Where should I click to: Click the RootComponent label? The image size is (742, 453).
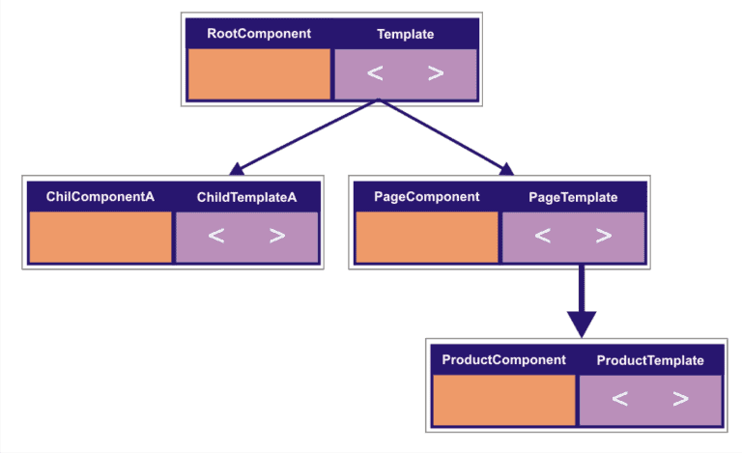[x=259, y=34]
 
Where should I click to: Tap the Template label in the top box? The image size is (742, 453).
[x=405, y=34]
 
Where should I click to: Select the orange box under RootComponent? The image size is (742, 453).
[x=259, y=74]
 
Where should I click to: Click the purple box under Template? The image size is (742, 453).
[x=405, y=74]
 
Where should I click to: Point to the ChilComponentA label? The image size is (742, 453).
[x=100, y=197]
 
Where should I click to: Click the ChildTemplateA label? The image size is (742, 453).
[x=246, y=197]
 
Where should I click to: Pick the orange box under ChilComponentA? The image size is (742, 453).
[x=100, y=238]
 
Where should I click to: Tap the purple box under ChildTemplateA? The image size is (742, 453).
[x=246, y=238]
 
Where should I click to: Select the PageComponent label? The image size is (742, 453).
[x=426, y=197]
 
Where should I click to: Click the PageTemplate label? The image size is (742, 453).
[x=573, y=197]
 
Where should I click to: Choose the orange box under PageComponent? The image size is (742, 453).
[x=427, y=238]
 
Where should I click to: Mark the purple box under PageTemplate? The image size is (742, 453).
[x=573, y=238]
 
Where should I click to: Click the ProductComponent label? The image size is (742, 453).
[x=503, y=360]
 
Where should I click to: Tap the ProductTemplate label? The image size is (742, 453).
[x=650, y=360]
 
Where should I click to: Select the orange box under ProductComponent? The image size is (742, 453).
[x=504, y=400]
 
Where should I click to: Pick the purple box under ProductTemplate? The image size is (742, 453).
[x=650, y=400]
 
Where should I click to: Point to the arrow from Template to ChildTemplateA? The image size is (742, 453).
[x=300, y=138]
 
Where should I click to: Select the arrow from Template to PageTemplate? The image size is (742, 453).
[x=444, y=138]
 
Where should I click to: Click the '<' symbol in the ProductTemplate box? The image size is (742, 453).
[x=620, y=399]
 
